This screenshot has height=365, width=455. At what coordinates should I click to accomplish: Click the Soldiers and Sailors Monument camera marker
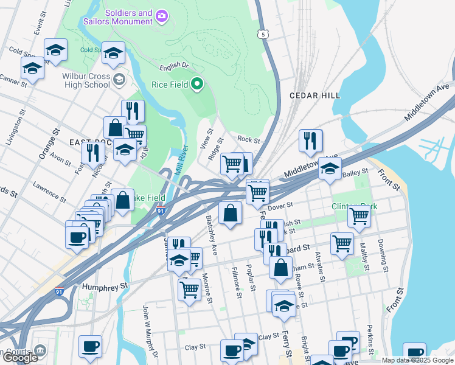(161, 15)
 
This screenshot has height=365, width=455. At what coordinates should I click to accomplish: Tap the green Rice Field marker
(197, 84)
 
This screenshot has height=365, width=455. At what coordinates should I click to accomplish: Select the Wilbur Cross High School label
(85, 82)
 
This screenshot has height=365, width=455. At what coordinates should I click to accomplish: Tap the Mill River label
(179, 159)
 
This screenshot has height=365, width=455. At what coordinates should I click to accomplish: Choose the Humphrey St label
(106, 285)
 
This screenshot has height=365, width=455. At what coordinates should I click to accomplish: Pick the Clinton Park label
(355, 207)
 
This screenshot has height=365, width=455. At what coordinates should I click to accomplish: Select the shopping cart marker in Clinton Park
(359, 215)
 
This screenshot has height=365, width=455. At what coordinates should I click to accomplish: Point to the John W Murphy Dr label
(150, 332)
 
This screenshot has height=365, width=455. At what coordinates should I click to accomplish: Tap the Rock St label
(248, 140)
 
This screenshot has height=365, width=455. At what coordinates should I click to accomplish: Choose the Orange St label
(47, 143)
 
